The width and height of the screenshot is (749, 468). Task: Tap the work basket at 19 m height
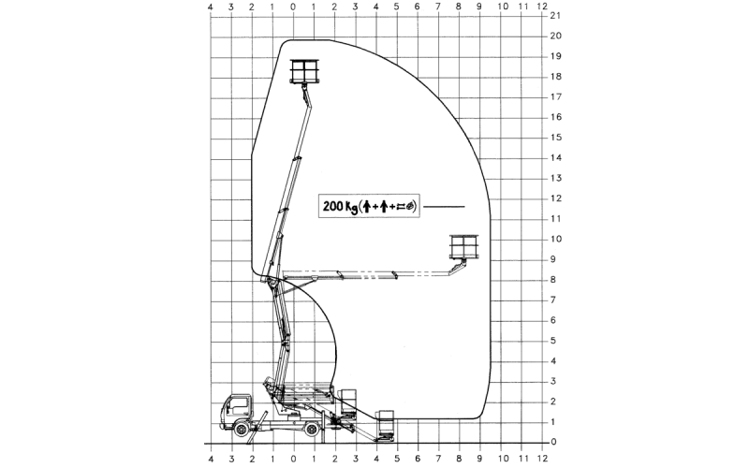(x=305, y=71)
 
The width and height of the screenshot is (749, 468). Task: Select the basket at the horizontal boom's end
(x=464, y=246)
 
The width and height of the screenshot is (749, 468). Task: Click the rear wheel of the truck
(x=311, y=428)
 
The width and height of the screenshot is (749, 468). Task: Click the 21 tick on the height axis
(x=556, y=16)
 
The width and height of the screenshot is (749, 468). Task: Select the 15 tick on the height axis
(x=556, y=138)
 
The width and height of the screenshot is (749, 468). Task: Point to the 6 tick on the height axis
(x=556, y=320)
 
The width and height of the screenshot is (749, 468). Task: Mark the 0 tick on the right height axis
(x=556, y=442)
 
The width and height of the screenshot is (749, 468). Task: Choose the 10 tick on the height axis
(x=556, y=239)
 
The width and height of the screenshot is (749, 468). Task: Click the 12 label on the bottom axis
(x=543, y=460)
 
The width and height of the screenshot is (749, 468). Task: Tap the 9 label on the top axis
(x=480, y=7)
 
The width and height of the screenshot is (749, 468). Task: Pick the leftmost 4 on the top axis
(x=211, y=7)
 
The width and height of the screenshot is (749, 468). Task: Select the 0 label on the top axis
(x=293, y=7)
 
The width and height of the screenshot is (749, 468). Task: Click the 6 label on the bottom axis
(x=418, y=460)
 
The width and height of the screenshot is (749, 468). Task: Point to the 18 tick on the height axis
(x=556, y=77)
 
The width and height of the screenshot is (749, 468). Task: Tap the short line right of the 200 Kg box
(x=447, y=206)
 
